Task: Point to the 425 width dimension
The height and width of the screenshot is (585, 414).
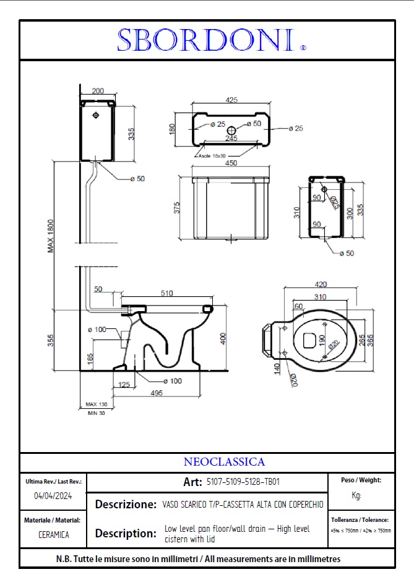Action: pyautogui.click(x=231, y=100)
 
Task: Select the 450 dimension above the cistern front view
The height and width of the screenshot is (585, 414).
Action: pyautogui.click(x=231, y=164)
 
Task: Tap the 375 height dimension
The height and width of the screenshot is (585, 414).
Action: pyautogui.click(x=177, y=208)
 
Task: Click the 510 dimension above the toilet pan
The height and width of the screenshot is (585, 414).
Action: pyautogui.click(x=167, y=294)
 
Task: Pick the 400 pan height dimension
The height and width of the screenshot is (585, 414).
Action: pyautogui.click(x=223, y=338)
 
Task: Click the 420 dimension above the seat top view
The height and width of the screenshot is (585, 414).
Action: pyautogui.click(x=321, y=285)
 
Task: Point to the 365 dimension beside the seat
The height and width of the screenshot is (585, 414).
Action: pyautogui.click(x=370, y=341)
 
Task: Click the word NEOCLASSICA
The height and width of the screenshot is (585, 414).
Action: pyautogui.click(x=224, y=462)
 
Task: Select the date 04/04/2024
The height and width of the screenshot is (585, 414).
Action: pyautogui.click(x=53, y=495)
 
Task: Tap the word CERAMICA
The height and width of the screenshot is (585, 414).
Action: pyautogui.click(x=53, y=535)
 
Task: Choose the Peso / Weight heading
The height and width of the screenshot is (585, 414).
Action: pyautogui.click(x=361, y=480)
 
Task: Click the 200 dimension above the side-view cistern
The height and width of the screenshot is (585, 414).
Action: pyautogui.click(x=97, y=90)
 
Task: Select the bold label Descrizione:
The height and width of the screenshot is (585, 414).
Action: pyautogui.click(x=126, y=504)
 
